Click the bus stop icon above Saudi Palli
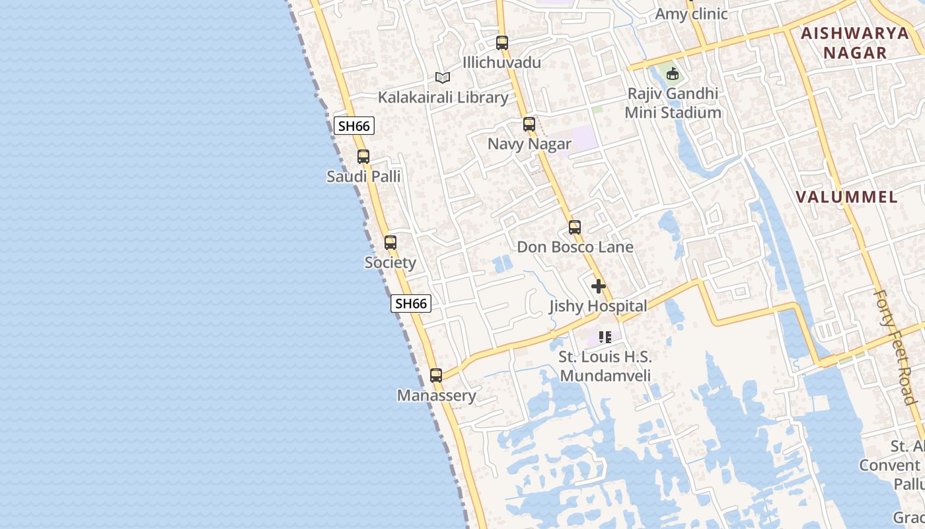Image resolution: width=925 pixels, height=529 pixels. (363, 157)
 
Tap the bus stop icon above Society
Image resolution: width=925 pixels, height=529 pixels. (390, 243)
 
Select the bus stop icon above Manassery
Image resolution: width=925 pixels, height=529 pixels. (436, 376)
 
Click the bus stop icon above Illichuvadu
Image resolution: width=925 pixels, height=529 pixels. (502, 43)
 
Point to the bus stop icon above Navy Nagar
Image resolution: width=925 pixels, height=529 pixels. (529, 124)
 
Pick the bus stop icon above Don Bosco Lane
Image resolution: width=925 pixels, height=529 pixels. (575, 227)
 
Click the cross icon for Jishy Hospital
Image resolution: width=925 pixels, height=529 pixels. (599, 286)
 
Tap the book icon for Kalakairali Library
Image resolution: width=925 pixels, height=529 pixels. (443, 78)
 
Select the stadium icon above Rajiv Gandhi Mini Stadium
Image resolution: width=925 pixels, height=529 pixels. (673, 73)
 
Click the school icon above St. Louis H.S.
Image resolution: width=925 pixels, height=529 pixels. (605, 337)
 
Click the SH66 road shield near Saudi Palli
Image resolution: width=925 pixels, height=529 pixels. (354, 126)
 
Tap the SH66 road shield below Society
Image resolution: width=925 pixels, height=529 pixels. (411, 304)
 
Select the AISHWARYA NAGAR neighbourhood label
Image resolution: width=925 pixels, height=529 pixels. (855, 43)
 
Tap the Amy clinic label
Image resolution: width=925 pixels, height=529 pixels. (691, 14)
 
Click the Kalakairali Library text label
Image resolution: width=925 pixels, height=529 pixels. (443, 98)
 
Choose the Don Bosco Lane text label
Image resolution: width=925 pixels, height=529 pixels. (575, 247)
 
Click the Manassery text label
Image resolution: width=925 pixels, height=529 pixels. (436, 395)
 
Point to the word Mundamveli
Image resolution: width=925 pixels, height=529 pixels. (605, 376)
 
